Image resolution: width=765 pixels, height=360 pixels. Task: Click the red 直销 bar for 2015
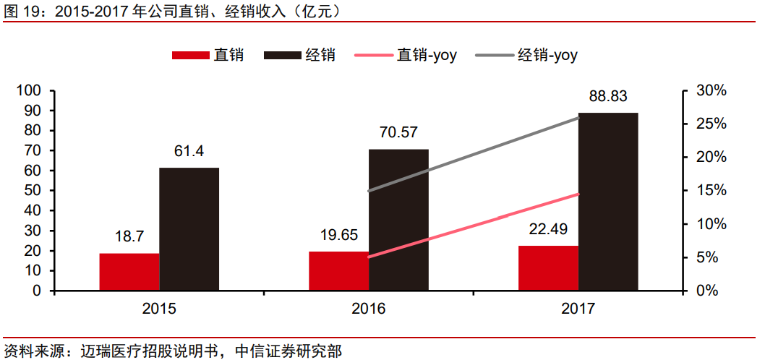[129, 273]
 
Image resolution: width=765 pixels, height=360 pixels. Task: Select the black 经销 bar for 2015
[189, 229]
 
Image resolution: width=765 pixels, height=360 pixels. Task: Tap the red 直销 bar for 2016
[338, 272]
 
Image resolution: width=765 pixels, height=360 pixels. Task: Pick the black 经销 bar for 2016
[398, 220]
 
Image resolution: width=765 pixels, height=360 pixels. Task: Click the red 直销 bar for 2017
[548, 268]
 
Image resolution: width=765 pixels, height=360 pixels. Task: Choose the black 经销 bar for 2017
[608, 202]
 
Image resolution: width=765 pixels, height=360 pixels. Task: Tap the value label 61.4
[189, 151]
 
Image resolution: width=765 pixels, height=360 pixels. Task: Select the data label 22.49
[548, 229]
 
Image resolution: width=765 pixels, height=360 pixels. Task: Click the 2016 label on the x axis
[369, 309]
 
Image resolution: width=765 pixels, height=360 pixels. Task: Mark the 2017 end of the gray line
[578, 116]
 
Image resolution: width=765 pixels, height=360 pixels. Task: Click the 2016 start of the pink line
[369, 257]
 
